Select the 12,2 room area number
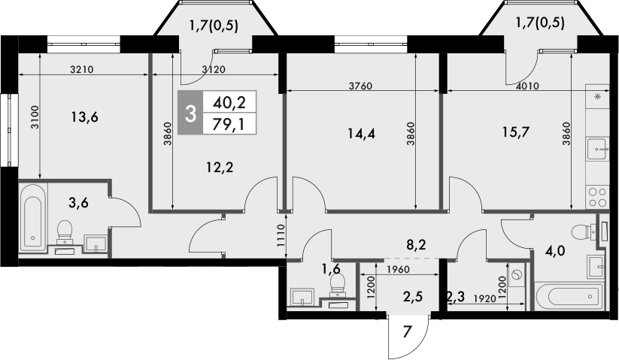click(219, 168)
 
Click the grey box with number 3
click(191, 113)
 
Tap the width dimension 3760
click(360, 86)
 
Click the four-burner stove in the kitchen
click(597, 196)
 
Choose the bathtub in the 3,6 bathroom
click(32, 217)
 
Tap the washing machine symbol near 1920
click(516, 276)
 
